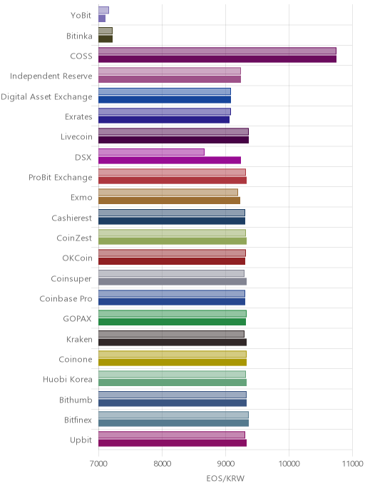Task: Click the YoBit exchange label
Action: (x=81, y=16)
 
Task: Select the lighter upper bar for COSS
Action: (x=217, y=51)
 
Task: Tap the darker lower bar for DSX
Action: (x=170, y=161)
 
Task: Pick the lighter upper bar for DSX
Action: (x=151, y=152)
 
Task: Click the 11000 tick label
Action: (x=352, y=464)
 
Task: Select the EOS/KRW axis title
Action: (x=225, y=478)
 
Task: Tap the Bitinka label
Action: (x=79, y=36)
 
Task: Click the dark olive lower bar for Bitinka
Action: (x=106, y=39)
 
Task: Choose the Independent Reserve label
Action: (x=51, y=76)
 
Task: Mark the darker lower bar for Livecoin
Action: (x=173, y=140)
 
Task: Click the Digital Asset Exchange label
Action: (x=46, y=97)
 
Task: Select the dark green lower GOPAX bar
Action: (x=172, y=322)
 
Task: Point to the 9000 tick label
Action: (x=225, y=464)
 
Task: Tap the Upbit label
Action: (x=81, y=440)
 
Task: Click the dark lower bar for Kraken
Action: (x=173, y=343)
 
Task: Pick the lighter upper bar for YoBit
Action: (x=103, y=10)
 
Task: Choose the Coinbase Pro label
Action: (x=66, y=299)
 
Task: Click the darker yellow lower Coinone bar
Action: (x=173, y=363)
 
